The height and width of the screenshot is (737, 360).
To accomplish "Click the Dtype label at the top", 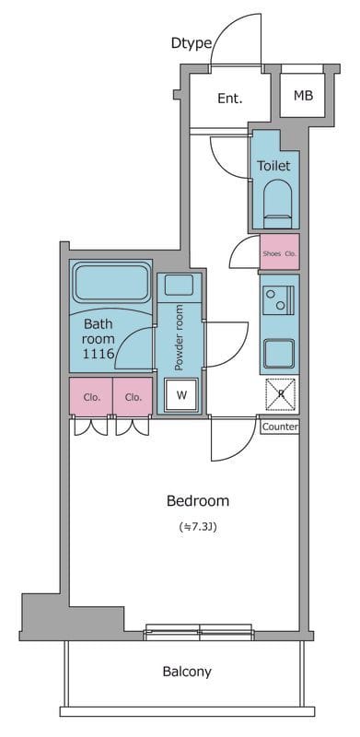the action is click(192, 43).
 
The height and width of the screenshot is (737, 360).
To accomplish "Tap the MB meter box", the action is click(303, 96).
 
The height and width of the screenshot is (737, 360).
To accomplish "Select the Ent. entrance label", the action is click(230, 99).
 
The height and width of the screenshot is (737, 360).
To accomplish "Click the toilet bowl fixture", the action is click(277, 203).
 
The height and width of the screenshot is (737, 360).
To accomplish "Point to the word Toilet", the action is click(273, 166).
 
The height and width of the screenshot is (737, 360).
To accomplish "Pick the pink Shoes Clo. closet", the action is click(280, 252).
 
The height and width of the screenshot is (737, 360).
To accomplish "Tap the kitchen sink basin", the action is click(279, 354).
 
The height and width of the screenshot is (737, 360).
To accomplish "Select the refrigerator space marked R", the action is click(281, 394).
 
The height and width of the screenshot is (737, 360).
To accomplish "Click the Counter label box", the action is click(280, 427).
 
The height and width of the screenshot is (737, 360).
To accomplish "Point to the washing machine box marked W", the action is click(181, 395).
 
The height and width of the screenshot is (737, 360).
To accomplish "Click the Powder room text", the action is click(179, 337).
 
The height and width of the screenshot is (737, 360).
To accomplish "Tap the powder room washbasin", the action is click(179, 285).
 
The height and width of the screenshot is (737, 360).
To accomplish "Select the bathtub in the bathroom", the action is click(110, 283).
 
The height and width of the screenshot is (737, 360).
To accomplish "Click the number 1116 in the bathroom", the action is click(99, 354).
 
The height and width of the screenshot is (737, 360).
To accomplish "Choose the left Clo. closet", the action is click(91, 397).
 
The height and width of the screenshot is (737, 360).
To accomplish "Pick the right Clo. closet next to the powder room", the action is click(133, 397).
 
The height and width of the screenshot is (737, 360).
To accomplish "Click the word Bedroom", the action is click(198, 501).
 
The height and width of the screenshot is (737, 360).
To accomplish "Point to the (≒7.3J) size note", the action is click(198, 526).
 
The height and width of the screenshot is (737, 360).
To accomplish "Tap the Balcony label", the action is click(187, 673).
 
